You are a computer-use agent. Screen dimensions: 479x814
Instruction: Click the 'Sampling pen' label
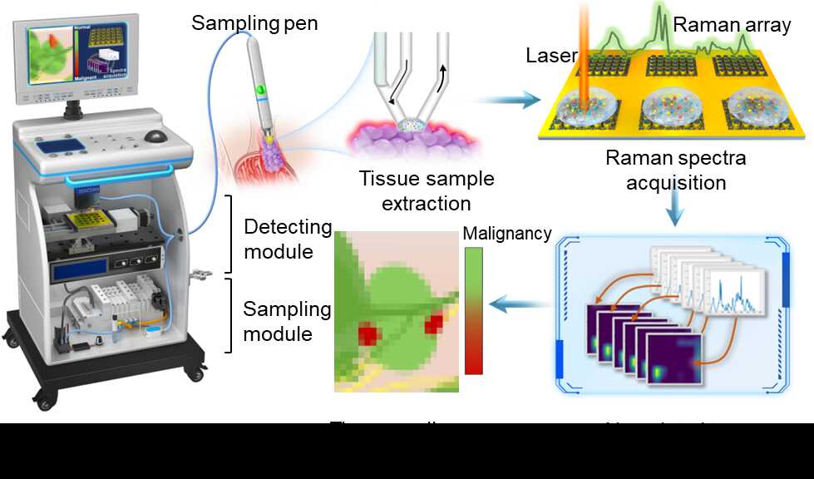(254, 22)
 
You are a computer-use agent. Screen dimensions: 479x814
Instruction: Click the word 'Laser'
(550, 56)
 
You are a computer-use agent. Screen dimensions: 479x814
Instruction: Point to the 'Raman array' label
(732, 25)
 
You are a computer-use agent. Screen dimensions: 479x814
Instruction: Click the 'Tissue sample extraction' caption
(427, 190)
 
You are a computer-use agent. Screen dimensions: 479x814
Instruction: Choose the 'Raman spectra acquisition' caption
(675, 170)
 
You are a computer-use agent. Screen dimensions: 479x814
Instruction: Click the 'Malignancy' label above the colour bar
(506, 234)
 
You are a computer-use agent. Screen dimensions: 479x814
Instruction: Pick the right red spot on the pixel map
(433, 324)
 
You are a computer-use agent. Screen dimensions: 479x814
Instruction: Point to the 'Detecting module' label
(288, 239)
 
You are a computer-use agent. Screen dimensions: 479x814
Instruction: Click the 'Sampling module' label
(287, 321)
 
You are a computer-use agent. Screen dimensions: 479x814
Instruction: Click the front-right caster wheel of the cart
(196, 373)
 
